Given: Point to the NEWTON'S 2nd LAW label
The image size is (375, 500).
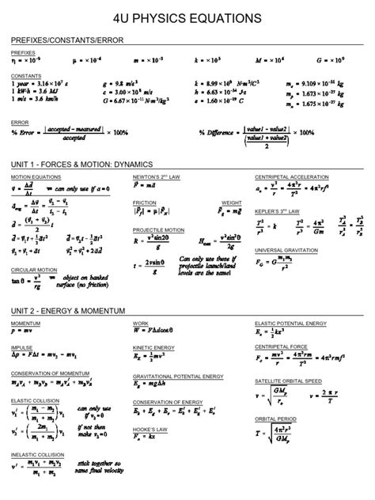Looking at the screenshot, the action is coord(153,176).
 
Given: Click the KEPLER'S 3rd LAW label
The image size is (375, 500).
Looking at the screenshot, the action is coord(277,212).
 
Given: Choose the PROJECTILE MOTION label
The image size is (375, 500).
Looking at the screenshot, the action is coord(158,229).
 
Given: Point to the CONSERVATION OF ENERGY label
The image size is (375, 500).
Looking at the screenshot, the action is coord(167,401).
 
